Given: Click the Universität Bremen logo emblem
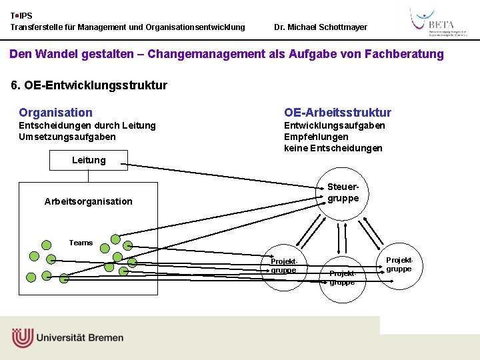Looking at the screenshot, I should pos(22,337).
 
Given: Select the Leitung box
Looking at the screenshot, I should pos(89,160).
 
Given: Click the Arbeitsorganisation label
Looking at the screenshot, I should pos(89,201).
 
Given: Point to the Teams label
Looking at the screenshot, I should pos(81,243).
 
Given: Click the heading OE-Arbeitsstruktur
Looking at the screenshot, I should pos(337,113).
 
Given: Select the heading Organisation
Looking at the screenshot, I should pos(55,113).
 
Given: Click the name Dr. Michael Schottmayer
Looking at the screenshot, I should pos(321,27).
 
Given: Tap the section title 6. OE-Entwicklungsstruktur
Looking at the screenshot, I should pos(89,85).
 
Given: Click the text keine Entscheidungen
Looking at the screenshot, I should pos(333,148).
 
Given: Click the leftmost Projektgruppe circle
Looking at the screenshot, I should pos(283,266).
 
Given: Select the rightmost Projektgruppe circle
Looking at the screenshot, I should pos(399,264).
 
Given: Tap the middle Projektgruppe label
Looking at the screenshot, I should pos(343,278).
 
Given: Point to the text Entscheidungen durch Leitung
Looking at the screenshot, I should pos(87,125).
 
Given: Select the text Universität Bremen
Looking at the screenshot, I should pos(80,337).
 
